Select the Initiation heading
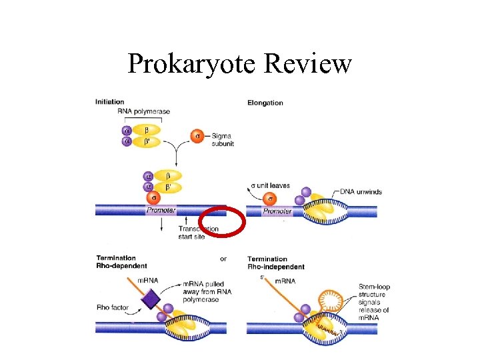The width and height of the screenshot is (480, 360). (x=109, y=102)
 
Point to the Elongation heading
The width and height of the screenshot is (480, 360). (x=265, y=103)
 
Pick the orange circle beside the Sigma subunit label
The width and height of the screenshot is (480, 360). (x=197, y=136)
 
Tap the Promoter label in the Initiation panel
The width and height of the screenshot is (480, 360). (x=161, y=211)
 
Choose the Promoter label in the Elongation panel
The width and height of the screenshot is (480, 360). (x=277, y=211)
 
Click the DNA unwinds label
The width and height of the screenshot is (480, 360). (x=361, y=191)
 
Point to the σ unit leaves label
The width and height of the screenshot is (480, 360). (x=270, y=185)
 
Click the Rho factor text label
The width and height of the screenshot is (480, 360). (x=111, y=307)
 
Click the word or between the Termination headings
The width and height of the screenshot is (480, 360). (x=223, y=259)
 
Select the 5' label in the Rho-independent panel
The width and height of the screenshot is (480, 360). (x=263, y=278)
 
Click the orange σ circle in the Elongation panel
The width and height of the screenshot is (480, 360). (x=270, y=199)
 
